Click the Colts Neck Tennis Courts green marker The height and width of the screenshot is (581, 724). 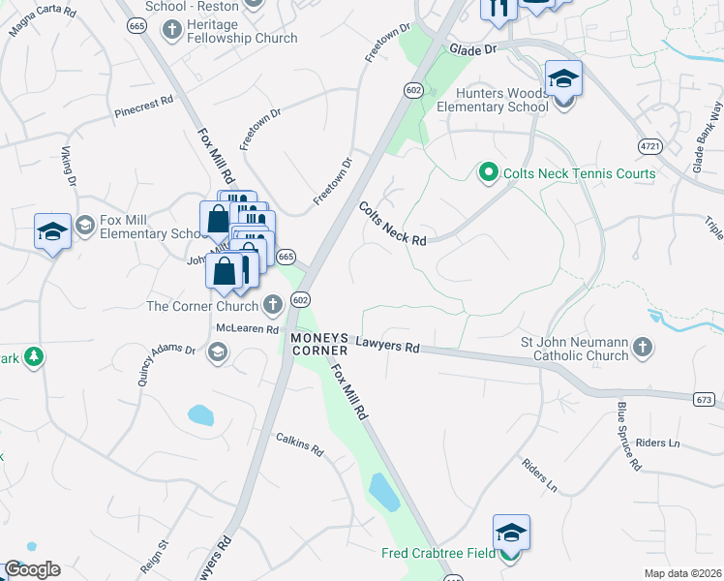click(x=488, y=174)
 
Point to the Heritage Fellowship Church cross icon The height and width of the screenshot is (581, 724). click(x=172, y=28)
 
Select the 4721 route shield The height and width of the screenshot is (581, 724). click(x=649, y=145)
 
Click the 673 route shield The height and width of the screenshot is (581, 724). click(x=706, y=399)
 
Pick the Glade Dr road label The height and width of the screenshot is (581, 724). click(x=472, y=48)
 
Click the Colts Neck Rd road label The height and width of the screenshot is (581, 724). click(x=392, y=224)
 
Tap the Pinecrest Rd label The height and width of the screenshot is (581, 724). click(x=142, y=100)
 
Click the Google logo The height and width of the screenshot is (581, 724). click(x=32, y=569)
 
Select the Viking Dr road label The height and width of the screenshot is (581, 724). click(x=68, y=166)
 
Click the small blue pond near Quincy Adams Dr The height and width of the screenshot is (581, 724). click(x=200, y=416)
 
